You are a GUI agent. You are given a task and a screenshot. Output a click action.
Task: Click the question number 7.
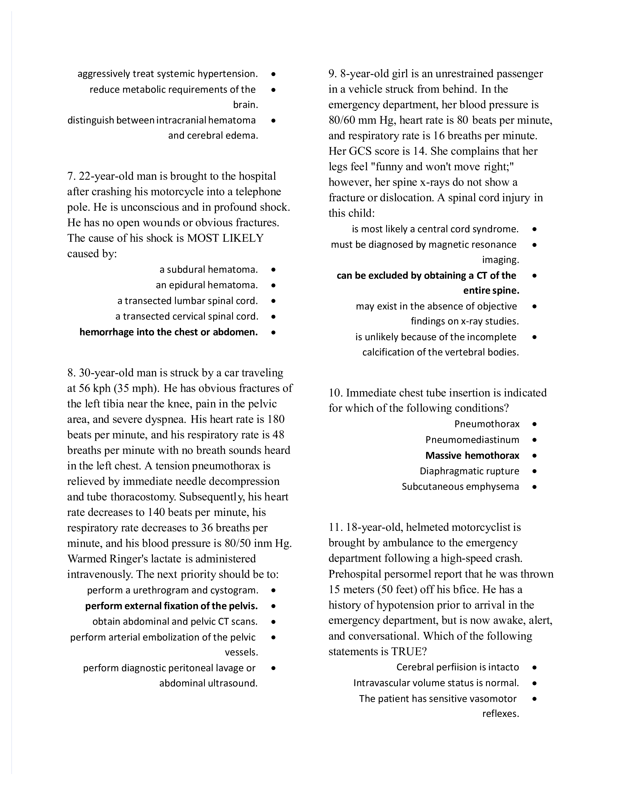tap(71, 177)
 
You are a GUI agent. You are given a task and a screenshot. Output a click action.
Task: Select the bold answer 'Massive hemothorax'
tap(472, 456)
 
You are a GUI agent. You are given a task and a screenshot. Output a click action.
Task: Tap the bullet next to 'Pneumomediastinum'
tap(534, 440)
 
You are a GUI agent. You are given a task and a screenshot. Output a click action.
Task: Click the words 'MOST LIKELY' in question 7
tap(225, 238)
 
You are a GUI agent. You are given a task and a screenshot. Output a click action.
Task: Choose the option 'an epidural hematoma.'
tap(207, 285)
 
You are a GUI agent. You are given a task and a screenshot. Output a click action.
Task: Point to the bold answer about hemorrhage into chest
tap(168, 332)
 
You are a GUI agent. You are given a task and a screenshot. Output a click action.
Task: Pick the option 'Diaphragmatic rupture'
tap(469, 471)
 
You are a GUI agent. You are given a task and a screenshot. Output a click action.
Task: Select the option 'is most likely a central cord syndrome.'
tap(435, 229)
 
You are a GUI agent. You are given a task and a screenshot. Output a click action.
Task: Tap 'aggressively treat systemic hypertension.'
tap(168, 74)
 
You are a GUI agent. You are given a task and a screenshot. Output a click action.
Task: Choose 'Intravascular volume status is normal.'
tap(436, 683)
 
